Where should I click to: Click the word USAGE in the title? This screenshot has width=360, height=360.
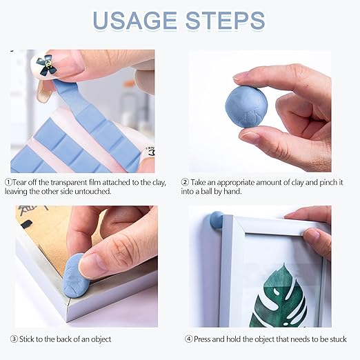[135, 20]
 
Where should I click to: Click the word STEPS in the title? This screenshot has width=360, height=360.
[226, 20]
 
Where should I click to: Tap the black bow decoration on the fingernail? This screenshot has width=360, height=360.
[46, 65]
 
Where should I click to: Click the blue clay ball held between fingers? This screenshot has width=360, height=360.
[246, 107]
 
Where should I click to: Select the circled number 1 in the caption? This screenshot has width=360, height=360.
[8, 183]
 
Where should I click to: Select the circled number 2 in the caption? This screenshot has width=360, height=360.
[185, 183]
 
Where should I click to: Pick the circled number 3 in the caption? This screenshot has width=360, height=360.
[14, 339]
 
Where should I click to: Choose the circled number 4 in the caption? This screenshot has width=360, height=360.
[189, 339]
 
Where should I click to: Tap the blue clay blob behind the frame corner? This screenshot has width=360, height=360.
[216, 221]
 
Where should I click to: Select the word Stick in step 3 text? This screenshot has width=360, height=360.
[27, 339]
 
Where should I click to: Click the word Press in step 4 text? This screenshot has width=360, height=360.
[202, 339]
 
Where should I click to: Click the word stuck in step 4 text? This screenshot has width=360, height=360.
[338, 339]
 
